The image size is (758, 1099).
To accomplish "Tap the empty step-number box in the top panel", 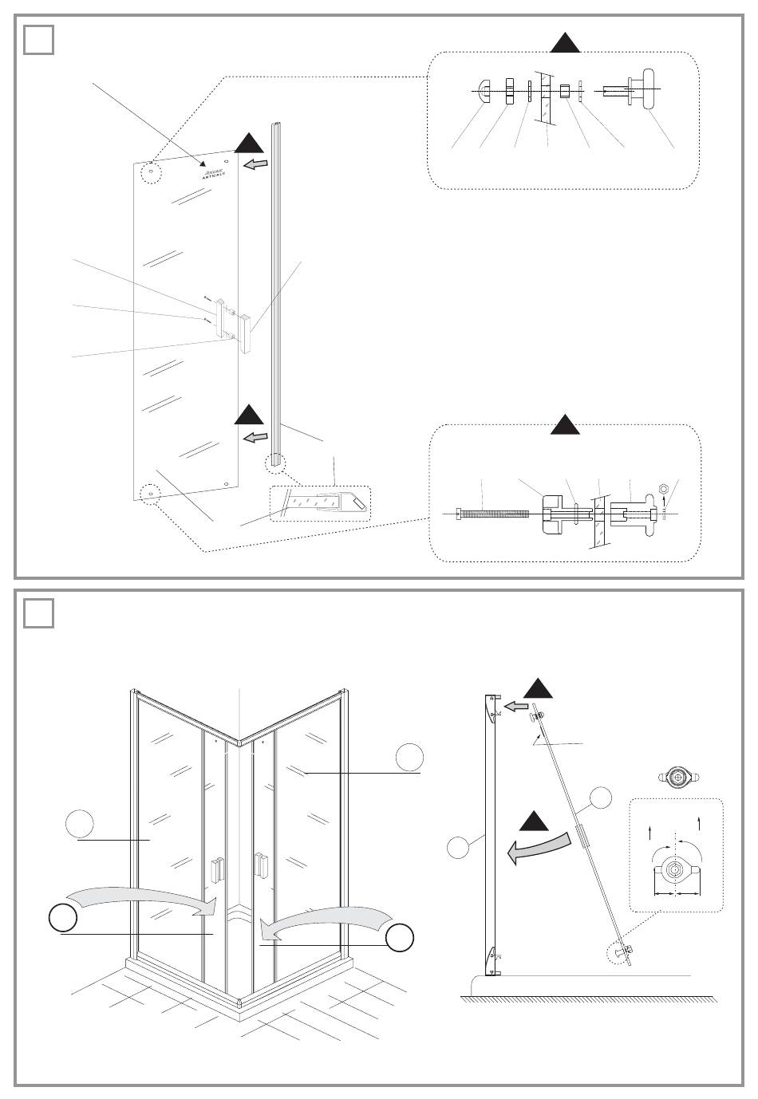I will point(38,40).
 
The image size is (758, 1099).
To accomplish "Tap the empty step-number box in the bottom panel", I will point(38,613).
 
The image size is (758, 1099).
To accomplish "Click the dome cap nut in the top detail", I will point(484,90).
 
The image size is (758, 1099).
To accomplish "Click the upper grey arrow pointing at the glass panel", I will point(255,165).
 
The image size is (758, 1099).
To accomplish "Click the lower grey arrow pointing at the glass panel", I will point(255,438).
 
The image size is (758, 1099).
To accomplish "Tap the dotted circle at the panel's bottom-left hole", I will point(148,494).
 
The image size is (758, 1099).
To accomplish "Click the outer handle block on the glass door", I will point(243,333).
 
